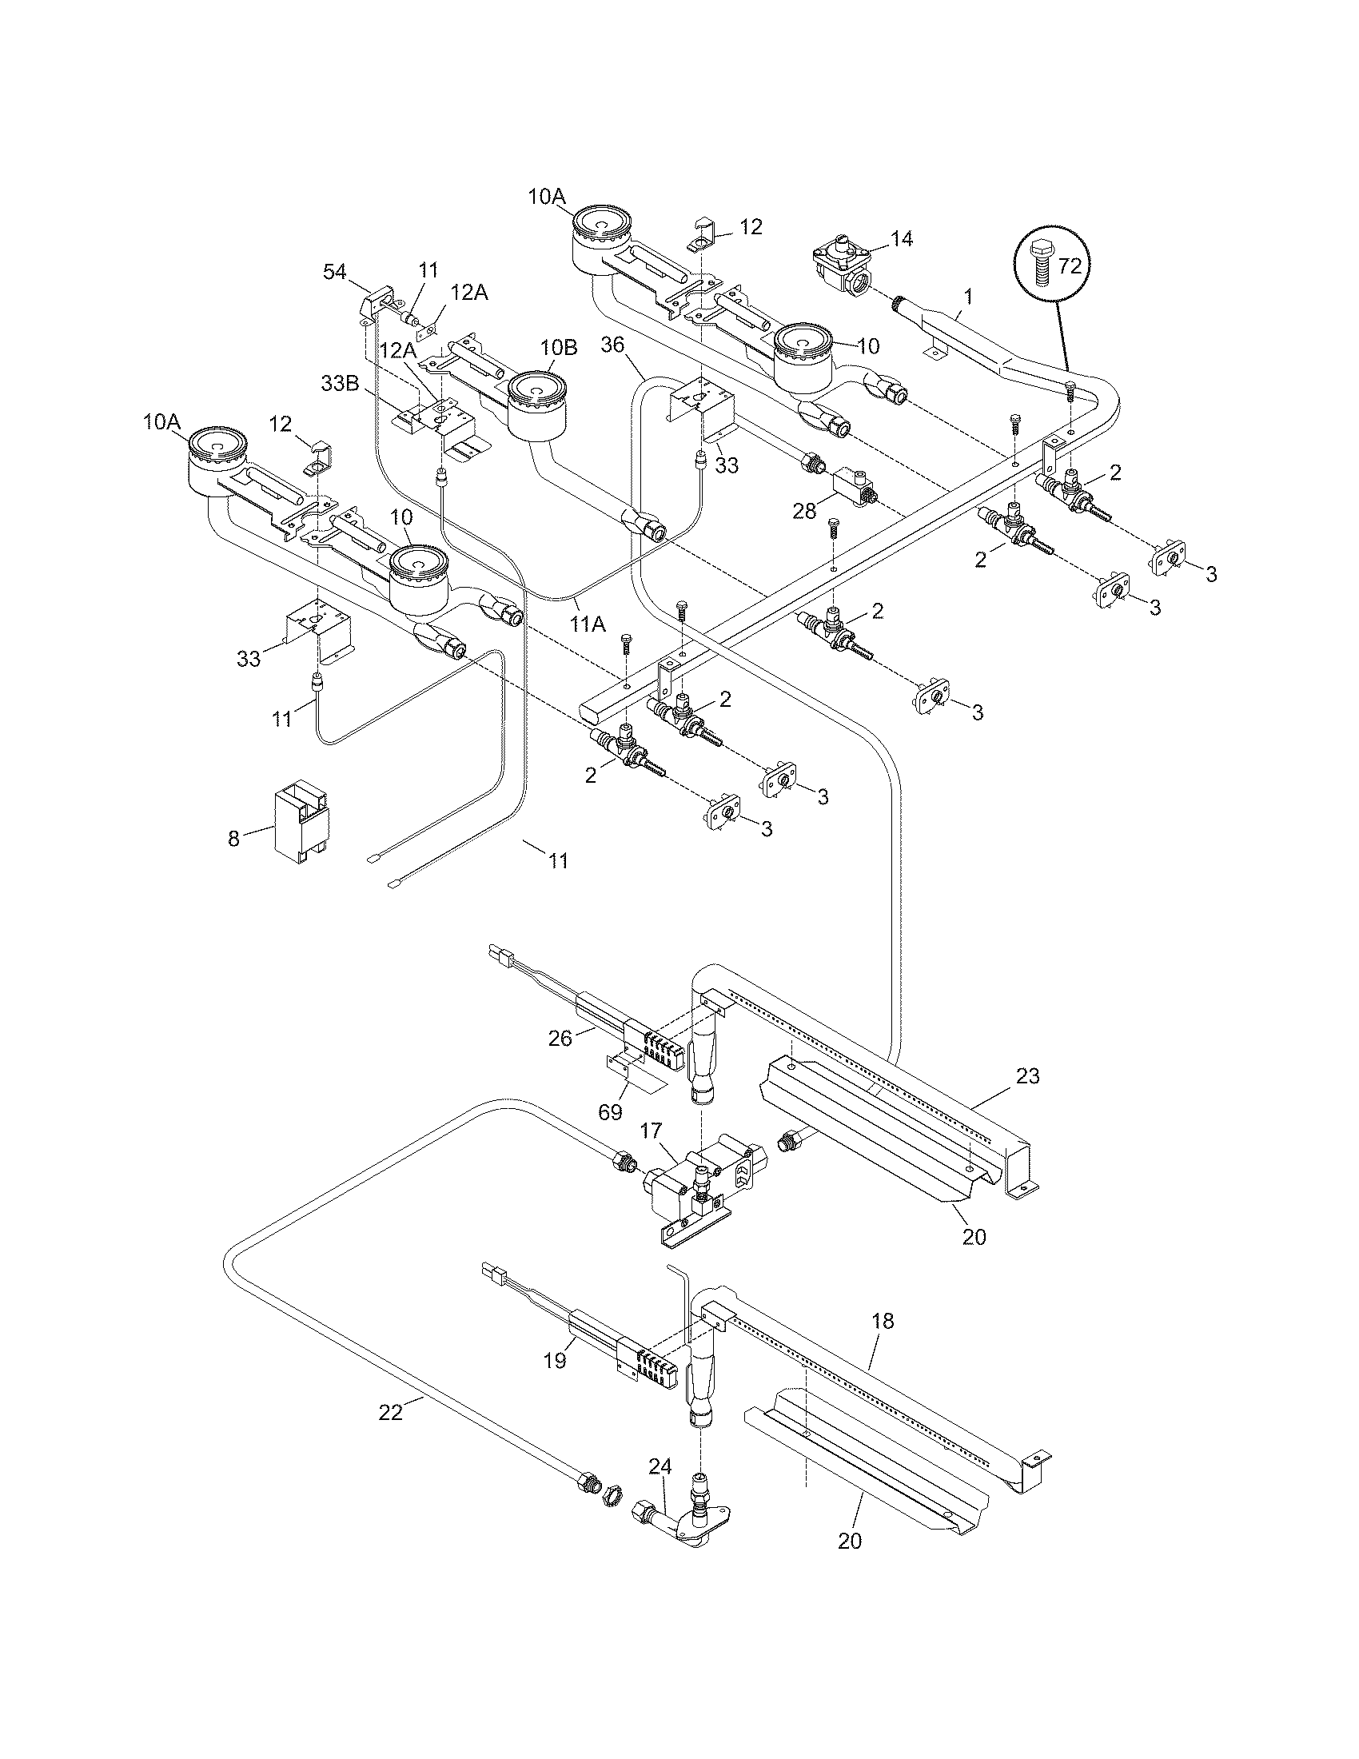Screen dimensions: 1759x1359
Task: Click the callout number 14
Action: click(902, 239)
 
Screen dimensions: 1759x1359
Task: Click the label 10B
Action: click(559, 348)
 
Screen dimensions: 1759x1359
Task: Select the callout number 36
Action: click(612, 345)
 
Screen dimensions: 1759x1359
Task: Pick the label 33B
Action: click(340, 383)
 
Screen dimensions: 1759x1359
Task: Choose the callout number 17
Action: click(650, 1131)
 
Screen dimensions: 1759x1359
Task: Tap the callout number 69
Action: click(611, 1112)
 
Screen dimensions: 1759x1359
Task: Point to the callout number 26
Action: click(560, 1039)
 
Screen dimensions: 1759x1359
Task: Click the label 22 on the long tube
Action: click(390, 1412)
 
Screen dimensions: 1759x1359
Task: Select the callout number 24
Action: click(660, 1466)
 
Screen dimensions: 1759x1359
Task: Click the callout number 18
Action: click(883, 1321)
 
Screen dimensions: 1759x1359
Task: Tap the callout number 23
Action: click(1027, 1075)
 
